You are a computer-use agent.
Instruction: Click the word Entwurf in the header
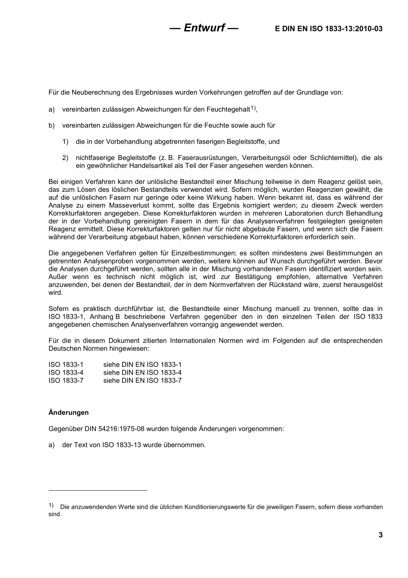click(204, 28)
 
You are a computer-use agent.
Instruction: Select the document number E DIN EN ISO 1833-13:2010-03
click(329, 29)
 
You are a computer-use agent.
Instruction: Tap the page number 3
click(380, 535)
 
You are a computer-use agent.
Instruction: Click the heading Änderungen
click(69, 412)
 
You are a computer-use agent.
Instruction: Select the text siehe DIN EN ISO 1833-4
click(142, 372)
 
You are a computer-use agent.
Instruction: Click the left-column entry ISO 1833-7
click(66, 381)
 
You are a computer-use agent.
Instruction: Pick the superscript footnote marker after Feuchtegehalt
click(253, 108)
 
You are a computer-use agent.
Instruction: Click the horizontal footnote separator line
click(98, 490)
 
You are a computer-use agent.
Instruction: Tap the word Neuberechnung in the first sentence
click(94, 92)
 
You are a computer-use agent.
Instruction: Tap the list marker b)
click(52, 126)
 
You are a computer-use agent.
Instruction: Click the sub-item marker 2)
click(65, 158)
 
